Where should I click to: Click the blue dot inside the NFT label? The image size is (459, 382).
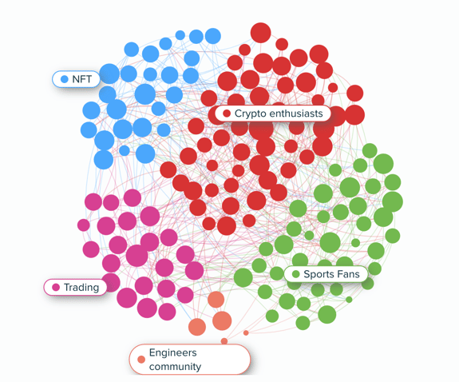tap(65, 79)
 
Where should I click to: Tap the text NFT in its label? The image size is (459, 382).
tap(82, 79)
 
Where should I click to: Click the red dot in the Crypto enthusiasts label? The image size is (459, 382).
tap(227, 113)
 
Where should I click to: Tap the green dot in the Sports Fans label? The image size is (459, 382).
tap(296, 274)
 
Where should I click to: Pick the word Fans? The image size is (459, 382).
tap(348, 274)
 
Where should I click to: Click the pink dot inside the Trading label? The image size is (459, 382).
tap(56, 288)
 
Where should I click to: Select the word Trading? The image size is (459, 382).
tap(81, 288)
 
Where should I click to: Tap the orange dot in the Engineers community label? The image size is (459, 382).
tap(141, 360)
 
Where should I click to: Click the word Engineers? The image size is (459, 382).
tap(173, 352)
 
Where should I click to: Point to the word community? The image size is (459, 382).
tap(175, 367)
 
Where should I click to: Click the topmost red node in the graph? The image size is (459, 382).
tap(261, 33)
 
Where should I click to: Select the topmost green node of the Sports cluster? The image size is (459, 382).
tap(370, 151)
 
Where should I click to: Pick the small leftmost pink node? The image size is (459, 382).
tap(84, 225)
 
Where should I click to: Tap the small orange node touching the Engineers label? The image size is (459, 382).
tap(224, 341)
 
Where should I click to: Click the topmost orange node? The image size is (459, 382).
tap(216, 300)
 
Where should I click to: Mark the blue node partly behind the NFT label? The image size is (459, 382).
tap(109, 74)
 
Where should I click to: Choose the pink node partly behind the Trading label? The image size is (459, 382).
tap(111, 282)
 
